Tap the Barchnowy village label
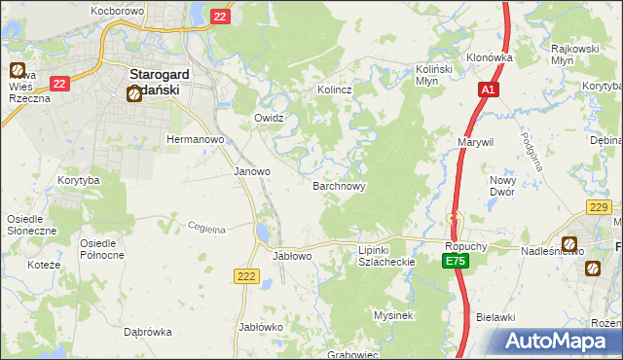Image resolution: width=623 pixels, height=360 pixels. (x=339, y=184)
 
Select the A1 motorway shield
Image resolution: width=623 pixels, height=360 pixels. (x=489, y=90)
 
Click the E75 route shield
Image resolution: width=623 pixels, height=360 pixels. (x=455, y=263)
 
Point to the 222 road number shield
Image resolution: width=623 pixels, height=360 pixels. (x=247, y=277)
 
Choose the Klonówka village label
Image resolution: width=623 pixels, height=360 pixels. (x=489, y=57)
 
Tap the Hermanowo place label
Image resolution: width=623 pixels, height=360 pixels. (x=196, y=139)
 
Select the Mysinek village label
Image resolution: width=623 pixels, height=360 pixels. (x=394, y=315)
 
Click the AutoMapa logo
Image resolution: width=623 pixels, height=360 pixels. (x=559, y=342)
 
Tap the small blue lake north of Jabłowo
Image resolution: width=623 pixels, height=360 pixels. (x=264, y=233)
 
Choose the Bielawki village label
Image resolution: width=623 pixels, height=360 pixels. (x=495, y=317)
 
